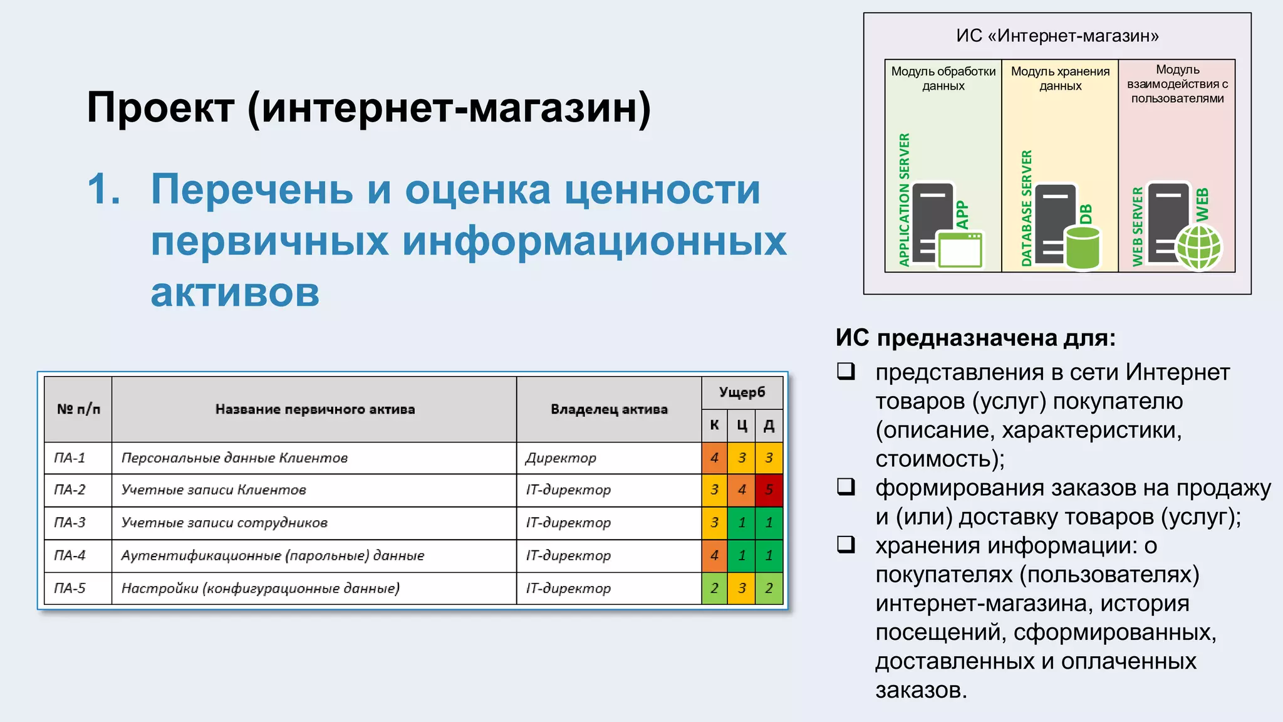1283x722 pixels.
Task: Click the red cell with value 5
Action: (x=769, y=489)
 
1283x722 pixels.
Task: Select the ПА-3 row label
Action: (x=70, y=522)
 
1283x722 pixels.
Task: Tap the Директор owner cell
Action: (x=561, y=458)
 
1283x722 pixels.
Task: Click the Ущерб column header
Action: (x=742, y=392)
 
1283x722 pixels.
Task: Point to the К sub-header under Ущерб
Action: (x=714, y=425)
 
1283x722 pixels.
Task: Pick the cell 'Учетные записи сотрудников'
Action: (x=224, y=522)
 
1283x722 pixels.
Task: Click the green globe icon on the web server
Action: (x=1198, y=248)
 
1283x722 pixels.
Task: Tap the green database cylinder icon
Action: (x=1083, y=248)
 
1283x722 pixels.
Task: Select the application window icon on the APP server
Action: (x=960, y=249)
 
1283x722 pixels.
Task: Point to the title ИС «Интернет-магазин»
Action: (x=1057, y=36)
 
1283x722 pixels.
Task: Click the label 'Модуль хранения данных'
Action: (x=1060, y=78)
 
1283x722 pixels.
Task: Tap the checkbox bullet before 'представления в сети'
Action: (x=846, y=371)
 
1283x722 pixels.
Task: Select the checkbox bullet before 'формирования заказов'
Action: (x=846, y=486)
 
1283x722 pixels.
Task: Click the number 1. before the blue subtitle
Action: (x=104, y=189)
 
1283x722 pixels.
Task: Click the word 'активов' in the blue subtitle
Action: (x=235, y=292)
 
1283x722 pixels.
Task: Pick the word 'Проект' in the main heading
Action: (x=160, y=107)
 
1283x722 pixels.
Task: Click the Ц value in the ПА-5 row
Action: (x=742, y=588)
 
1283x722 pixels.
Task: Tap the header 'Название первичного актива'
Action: (x=314, y=409)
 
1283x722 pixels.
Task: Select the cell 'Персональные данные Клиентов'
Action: (x=234, y=458)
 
